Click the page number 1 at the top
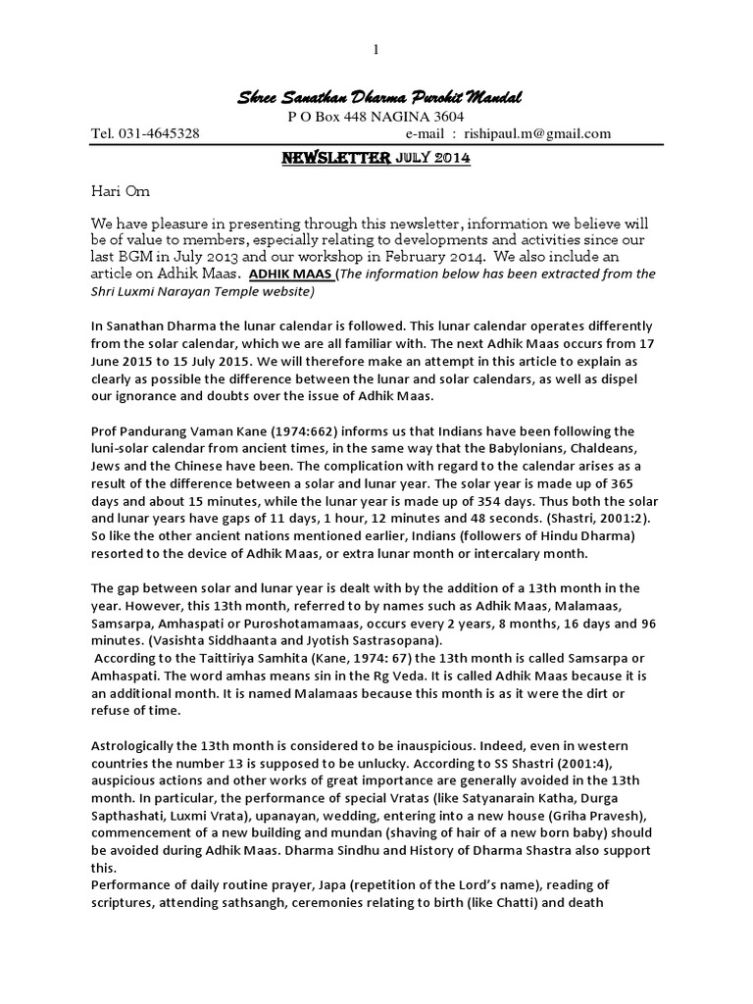coord(376,50)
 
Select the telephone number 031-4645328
coord(158,134)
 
